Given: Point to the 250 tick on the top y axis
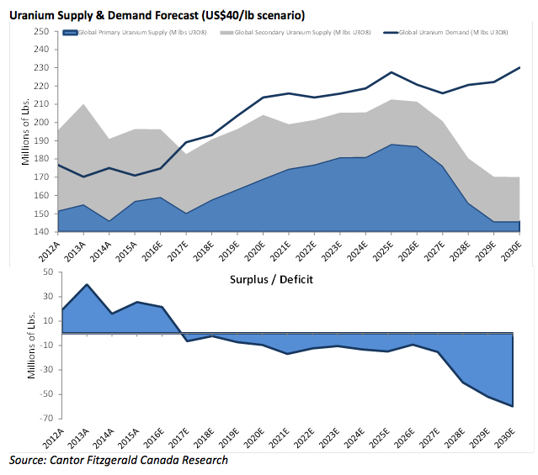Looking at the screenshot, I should [x=40, y=31].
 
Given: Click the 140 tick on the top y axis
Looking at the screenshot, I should [x=40, y=232].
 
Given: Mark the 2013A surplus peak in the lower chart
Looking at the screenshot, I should [x=86, y=284].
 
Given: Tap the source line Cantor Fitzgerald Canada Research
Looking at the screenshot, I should [x=119, y=461].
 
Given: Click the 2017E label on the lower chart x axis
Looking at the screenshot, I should [x=186, y=437].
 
